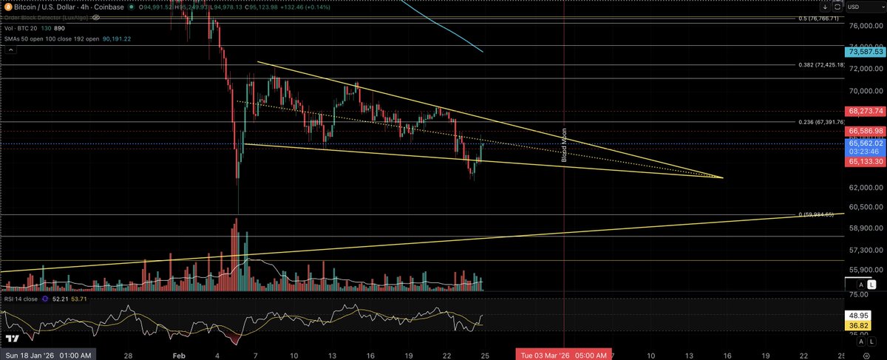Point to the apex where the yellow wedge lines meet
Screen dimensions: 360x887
722,177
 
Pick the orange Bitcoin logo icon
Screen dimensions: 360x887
6,7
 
